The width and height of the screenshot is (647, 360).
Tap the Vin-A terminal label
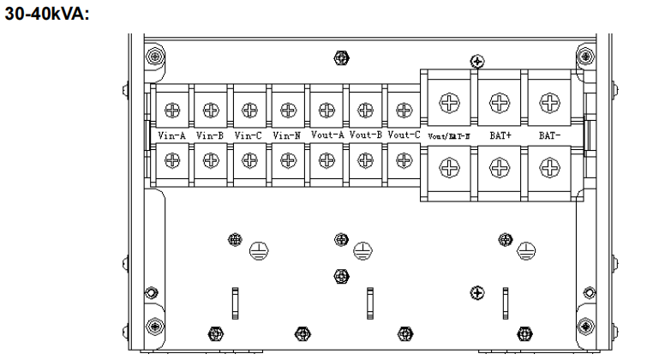coord(172,135)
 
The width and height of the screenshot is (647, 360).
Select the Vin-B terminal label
coord(210,135)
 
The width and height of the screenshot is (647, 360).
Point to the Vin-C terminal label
coord(248,135)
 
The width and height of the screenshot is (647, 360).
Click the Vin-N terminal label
coord(286,135)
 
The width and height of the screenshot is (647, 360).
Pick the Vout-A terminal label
coord(326,135)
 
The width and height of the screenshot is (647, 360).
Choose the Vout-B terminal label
coord(364,135)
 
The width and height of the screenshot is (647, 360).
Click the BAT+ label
coord(496,135)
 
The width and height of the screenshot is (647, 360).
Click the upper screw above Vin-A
coord(172,110)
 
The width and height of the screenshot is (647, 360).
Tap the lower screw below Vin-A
coord(172,159)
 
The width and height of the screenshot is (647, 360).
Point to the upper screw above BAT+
coord(495,102)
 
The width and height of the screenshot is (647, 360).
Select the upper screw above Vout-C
coord(403,110)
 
